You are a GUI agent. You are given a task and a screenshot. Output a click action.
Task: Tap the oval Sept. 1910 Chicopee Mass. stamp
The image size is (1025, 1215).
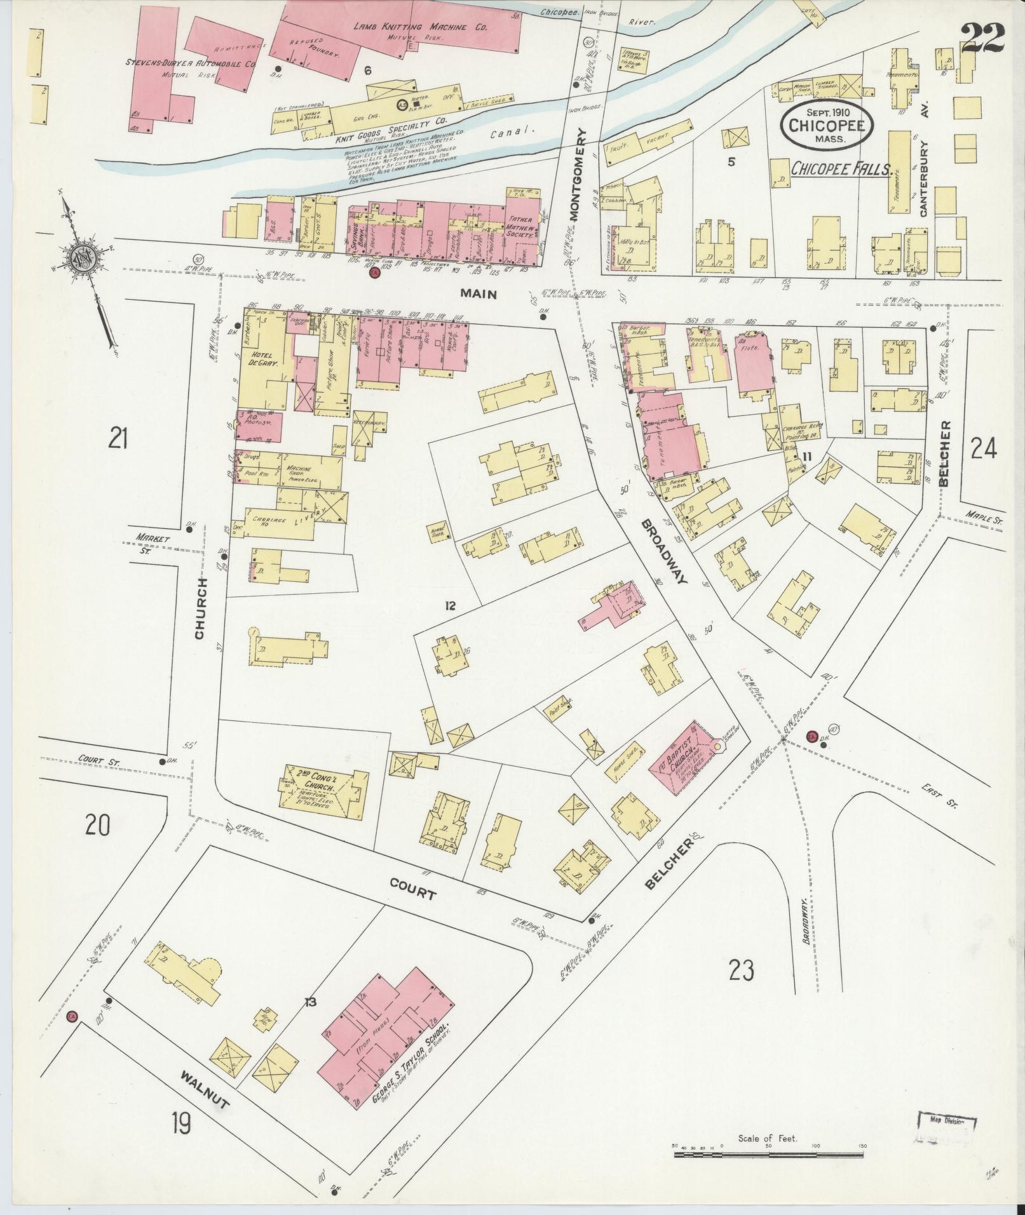[x=827, y=125]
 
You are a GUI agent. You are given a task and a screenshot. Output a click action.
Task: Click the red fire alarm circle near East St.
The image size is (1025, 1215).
[x=811, y=737]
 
